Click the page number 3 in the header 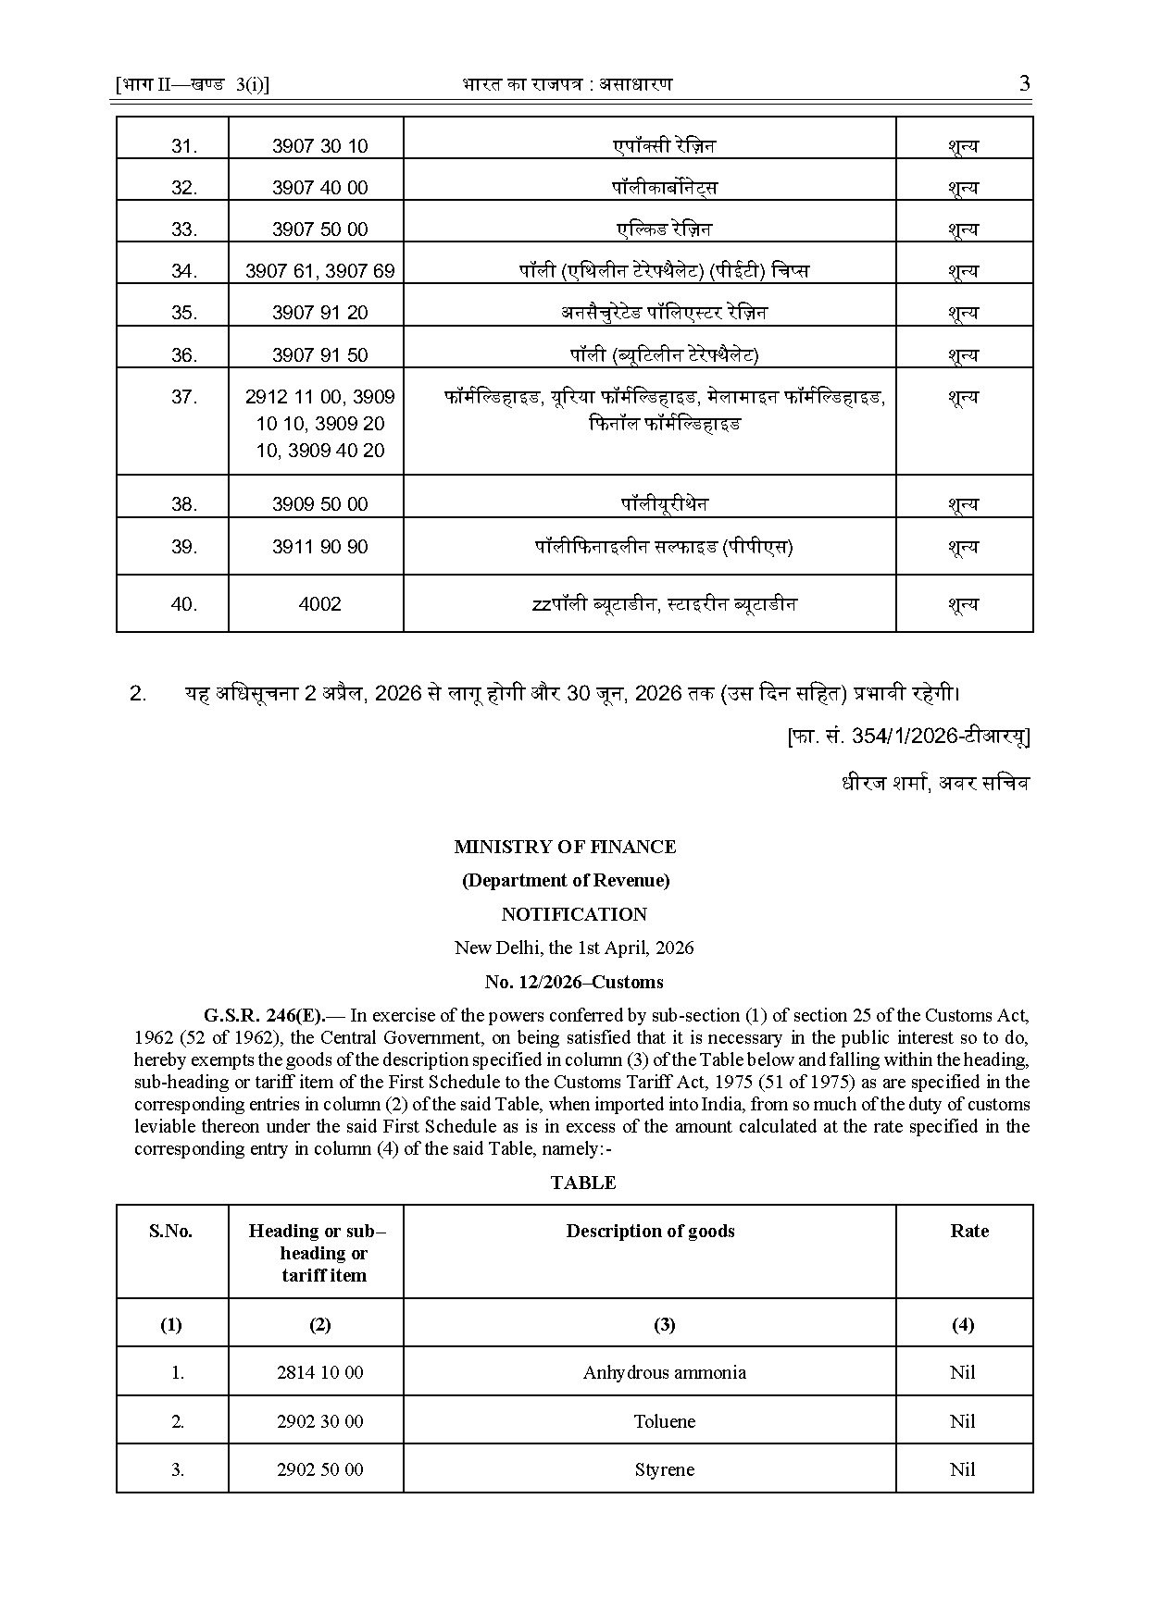point(1024,84)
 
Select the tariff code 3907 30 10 point(319,146)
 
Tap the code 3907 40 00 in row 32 point(319,188)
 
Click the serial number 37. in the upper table point(184,397)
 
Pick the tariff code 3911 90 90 point(319,547)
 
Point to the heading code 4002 point(319,604)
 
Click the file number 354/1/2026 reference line point(907,737)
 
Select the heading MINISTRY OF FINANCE point(565,847)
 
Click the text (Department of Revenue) point(566,880)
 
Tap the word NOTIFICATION point(574,914)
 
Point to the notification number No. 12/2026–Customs point(574,982)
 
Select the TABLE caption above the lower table point(582,1183)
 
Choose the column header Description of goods point(650,1231)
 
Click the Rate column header point(968,1231)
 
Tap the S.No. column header point(171,1231)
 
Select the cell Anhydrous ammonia point(664,1372)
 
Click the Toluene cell point(664,1421)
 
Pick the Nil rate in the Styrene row point(962,1469)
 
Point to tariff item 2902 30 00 point(319,1421)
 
